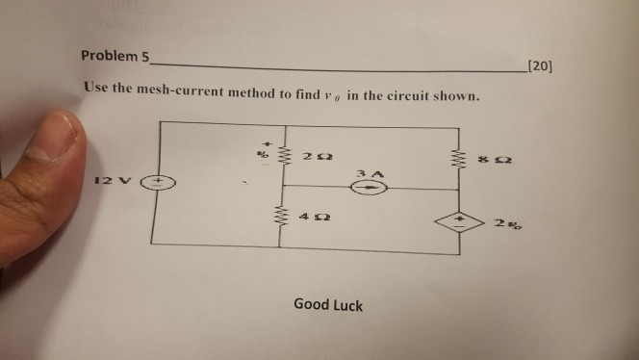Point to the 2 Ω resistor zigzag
point(282,154)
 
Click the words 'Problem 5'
point(115,58)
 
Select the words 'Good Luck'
point(328,305)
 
